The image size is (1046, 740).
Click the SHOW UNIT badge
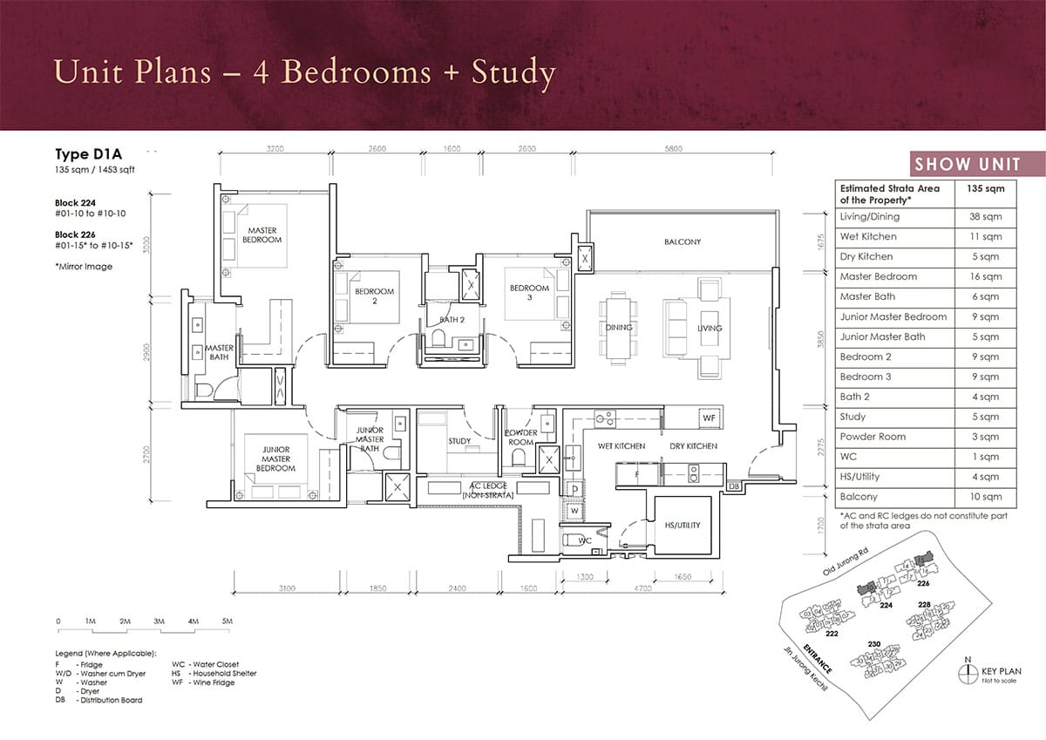[x=976, y=165]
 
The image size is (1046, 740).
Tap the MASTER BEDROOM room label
[x=262, y=234]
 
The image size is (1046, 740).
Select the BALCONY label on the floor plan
[x=682, y=241]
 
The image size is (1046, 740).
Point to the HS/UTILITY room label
[x=681, y=525]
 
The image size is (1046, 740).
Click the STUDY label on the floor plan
[x=459, y=441]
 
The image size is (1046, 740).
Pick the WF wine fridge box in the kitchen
[x=709, y=419]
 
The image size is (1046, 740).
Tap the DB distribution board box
[x=733, y=485]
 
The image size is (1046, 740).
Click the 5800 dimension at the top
[x=672, y=148]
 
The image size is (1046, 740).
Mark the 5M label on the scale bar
[x=227, y=621]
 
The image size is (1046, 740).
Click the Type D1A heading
[x=86, y=154]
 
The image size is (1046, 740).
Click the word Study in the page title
[x=513, y=73]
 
